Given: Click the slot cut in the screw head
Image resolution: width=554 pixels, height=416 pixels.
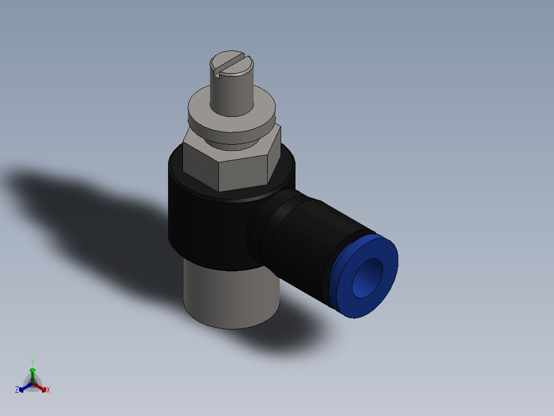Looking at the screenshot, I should [x=232, y=64].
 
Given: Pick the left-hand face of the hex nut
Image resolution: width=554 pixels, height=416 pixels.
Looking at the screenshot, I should [x=200, y=162].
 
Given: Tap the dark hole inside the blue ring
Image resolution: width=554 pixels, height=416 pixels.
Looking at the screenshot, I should [x=368, y=278].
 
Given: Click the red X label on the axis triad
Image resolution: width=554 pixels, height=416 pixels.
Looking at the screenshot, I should [x=48, y=390].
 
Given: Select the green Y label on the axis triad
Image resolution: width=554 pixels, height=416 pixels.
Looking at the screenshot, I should [x=32, y=362].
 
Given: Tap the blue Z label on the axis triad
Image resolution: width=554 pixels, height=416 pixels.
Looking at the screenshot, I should [x=17, y=390].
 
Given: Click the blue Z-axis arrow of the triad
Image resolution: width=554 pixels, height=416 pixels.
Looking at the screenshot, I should [x=24, y=388].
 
